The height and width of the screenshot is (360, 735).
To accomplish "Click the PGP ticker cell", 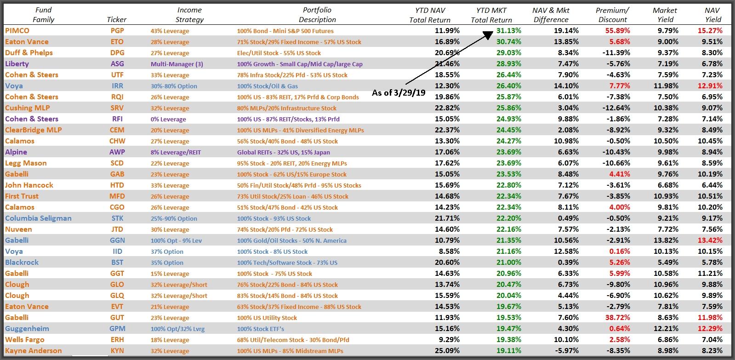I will tap(117, 31).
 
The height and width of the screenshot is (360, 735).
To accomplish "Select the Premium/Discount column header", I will tap(612, 15).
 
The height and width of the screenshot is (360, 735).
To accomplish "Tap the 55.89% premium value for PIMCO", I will tap(617, 31).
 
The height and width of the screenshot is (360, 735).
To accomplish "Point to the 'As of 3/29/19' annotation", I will tap(399, 93).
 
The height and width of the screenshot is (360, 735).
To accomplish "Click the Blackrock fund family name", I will tap(22, 263).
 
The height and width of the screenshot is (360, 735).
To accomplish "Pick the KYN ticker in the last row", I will tap(117, 351).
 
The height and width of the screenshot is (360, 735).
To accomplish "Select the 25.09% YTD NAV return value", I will tap(447, 351).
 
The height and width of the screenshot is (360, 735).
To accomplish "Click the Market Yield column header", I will tap(665, 15).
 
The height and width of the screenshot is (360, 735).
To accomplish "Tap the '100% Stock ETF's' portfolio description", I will tap(261, 329).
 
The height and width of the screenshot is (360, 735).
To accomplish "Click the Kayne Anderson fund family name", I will tap(33, 351).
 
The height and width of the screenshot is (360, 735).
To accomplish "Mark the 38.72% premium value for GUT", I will tap(617, 318).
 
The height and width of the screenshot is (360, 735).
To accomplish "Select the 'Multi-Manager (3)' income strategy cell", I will tap(177, 64).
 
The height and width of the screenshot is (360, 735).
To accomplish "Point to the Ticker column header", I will tap(116, 19).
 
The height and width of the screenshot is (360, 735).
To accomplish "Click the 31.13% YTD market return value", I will tap(509, 31).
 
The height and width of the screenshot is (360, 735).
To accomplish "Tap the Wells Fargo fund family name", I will tap(25, 340).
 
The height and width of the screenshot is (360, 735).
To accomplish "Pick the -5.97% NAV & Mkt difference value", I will tap(566, 351).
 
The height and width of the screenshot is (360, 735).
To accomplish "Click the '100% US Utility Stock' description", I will tap(267, 318).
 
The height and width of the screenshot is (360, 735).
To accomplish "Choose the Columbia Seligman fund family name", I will tap(38, 218).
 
